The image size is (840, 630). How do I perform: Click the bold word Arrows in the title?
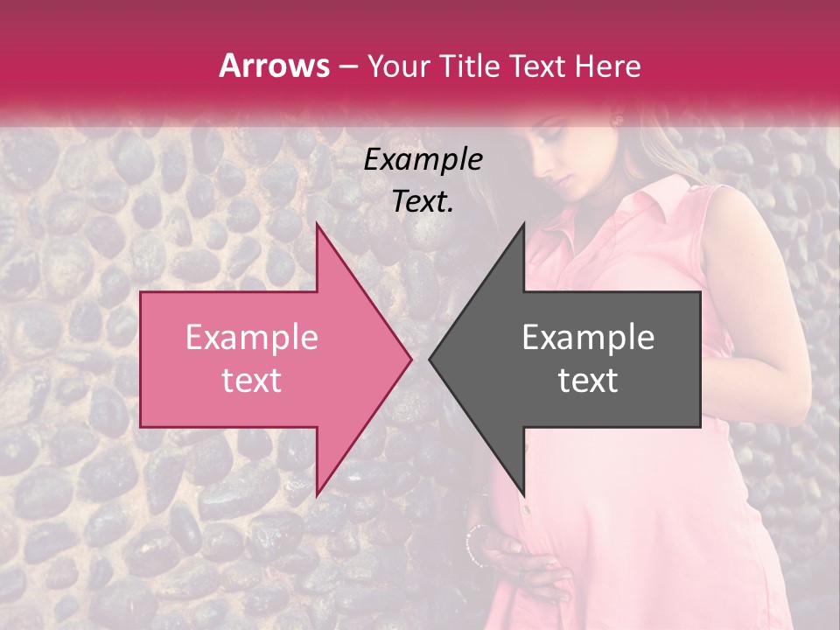274,66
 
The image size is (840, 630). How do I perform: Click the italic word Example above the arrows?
423,160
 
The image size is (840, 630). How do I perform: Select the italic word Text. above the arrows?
423,202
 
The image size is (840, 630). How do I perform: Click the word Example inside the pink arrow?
251,338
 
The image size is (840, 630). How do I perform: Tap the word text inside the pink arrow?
251,380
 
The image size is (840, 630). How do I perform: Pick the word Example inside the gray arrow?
588,338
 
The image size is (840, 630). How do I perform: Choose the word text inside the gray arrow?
588,380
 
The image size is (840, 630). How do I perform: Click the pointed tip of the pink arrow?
411,359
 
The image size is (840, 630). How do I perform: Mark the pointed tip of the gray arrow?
430,359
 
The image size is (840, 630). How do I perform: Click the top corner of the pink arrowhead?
317,223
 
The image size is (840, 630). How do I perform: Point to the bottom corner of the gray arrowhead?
523,495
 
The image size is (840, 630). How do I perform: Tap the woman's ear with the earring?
618,120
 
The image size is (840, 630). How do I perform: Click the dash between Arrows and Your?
346,66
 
